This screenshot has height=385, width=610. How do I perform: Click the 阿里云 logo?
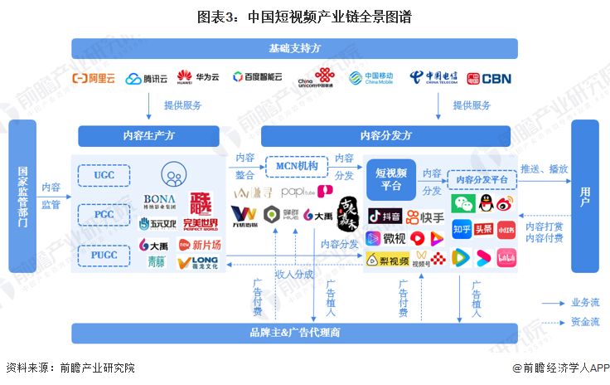(x=94, y=79)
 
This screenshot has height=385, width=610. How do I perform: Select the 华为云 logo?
(x=198, y=78)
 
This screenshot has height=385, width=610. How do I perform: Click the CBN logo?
(x=488, y=79)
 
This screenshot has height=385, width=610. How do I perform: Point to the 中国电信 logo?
(x=435, y=78)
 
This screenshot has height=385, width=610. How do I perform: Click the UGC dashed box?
(x=104, y=175)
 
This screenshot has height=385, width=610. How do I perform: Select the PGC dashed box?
(x=104, y=215)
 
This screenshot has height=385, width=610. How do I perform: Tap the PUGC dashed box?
(x=104, y=255)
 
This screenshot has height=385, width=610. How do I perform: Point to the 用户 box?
(x=584, y=196)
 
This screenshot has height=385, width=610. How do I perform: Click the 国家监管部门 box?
(x=22, y=196)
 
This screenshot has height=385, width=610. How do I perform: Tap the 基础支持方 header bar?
(x=294, y=48)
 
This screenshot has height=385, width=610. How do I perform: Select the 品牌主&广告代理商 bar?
(x=294, y=332)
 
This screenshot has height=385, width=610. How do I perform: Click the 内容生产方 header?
(x=148, y=135)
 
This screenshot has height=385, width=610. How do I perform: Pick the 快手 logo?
(x=424, y=217)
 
